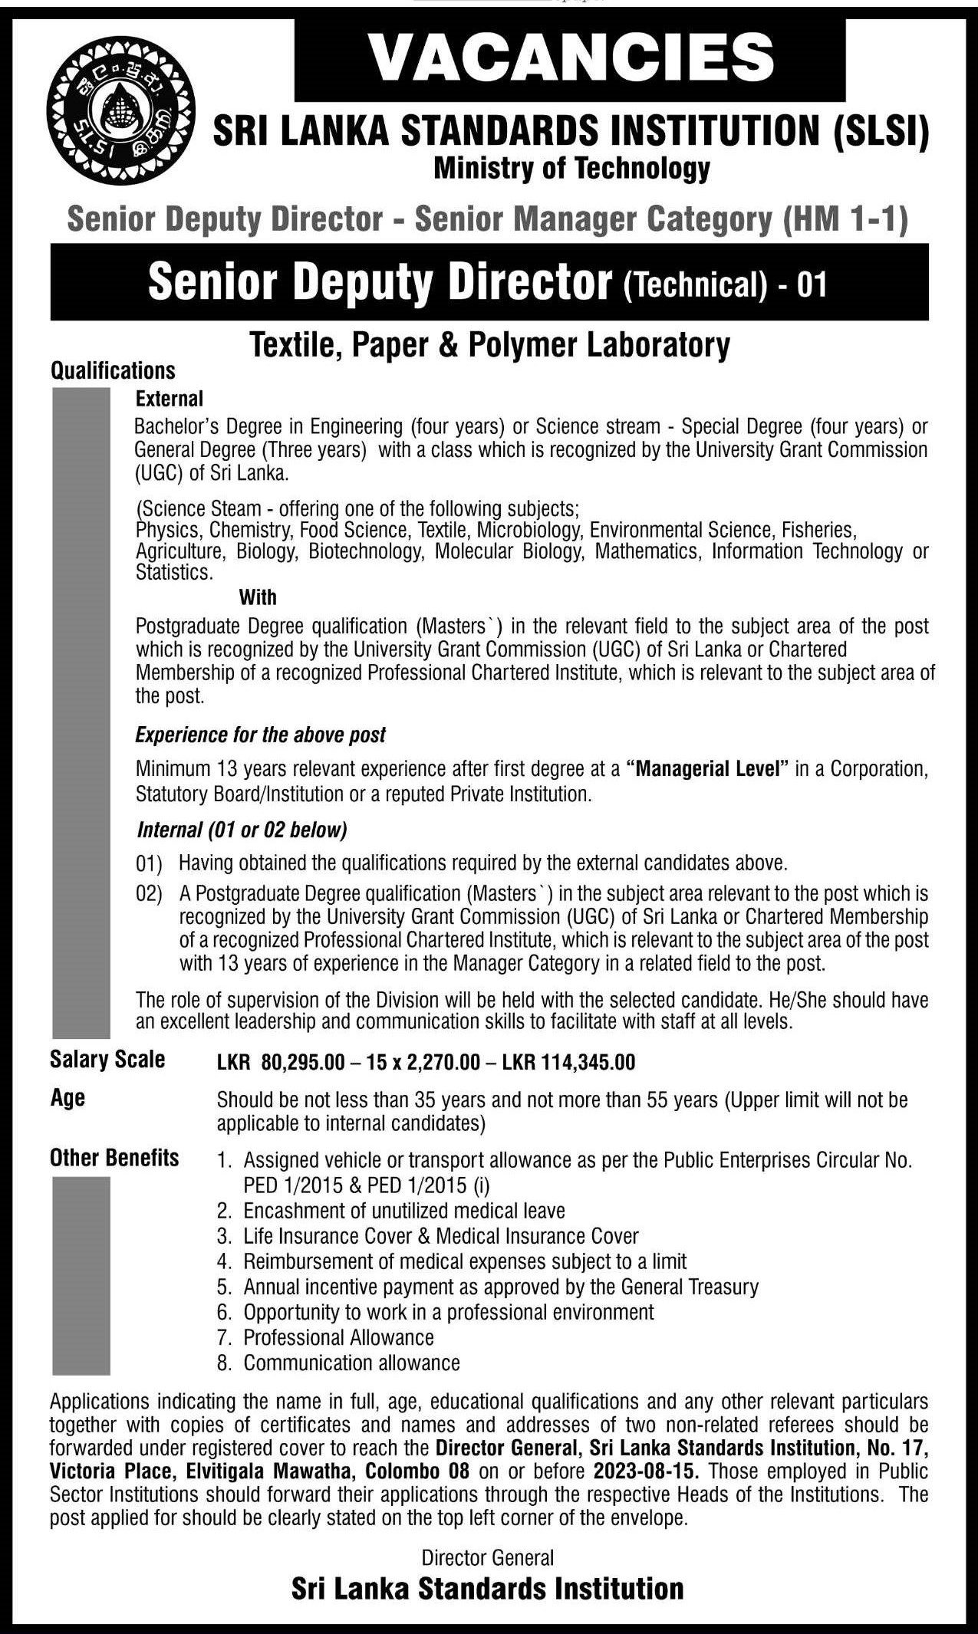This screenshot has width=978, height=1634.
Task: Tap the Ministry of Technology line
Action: [x=571, y=168]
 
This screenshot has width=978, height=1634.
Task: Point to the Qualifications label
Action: [x=113, y=371]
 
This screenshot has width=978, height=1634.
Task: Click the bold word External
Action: [x=169, y=399]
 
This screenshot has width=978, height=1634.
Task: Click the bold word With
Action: [x=258, y=597]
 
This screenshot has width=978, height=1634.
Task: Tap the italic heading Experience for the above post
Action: [x=260, y=735]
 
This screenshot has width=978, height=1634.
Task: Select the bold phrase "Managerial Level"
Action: [x=708, y=769]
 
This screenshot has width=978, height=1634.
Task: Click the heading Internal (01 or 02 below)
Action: [x=242, y=829]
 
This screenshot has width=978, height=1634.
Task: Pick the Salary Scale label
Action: [x=107, y=1060]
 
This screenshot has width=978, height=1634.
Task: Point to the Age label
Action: [x=68, y=1098]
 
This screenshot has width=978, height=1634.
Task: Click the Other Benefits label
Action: [x=114, y=1158]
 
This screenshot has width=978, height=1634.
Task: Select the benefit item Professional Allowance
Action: [x=338, y=1337]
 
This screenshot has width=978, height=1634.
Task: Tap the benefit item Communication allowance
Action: [x=351, y=1363]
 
